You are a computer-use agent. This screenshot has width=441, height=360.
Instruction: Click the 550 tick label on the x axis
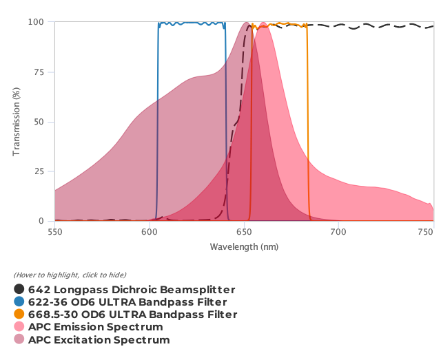click(x=54, y=233)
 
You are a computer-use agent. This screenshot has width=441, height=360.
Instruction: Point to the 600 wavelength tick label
click(x=150, y=233)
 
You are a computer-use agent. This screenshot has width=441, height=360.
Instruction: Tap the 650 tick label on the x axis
click(x=245, y=233)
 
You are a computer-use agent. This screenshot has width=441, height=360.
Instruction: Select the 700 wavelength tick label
click(x=339, y=233)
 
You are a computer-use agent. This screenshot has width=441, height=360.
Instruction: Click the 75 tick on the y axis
click(x=41, y=72)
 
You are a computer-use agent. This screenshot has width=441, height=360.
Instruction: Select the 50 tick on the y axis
click(x=41, y=122)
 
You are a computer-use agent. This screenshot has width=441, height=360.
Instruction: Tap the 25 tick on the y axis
click(x=41, y=171)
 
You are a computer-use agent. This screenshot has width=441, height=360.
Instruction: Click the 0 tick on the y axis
click(x=43, y=221)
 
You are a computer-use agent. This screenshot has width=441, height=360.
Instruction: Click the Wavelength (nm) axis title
click(x=244, y=246)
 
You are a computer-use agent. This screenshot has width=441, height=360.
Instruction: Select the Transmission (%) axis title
click(x=17, y=122)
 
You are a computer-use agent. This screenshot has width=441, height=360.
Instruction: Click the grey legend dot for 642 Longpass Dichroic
click(x=19, y=290)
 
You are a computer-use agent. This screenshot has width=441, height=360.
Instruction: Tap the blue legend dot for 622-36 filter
click(x=19, y=302)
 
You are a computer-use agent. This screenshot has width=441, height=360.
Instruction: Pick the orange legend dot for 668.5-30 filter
click(x=19, y=315)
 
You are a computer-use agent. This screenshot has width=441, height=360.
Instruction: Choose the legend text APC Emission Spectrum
click(x=96, y=327)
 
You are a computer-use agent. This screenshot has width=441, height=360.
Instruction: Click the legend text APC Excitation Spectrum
click(x=99, y=339)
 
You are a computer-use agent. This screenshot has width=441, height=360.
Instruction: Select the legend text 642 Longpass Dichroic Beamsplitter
click(x=132, y=290)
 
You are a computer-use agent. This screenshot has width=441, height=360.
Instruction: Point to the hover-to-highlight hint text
click(x=70, y=275)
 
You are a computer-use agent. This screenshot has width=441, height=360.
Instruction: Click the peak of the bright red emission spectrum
click(x=263, y=23)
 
